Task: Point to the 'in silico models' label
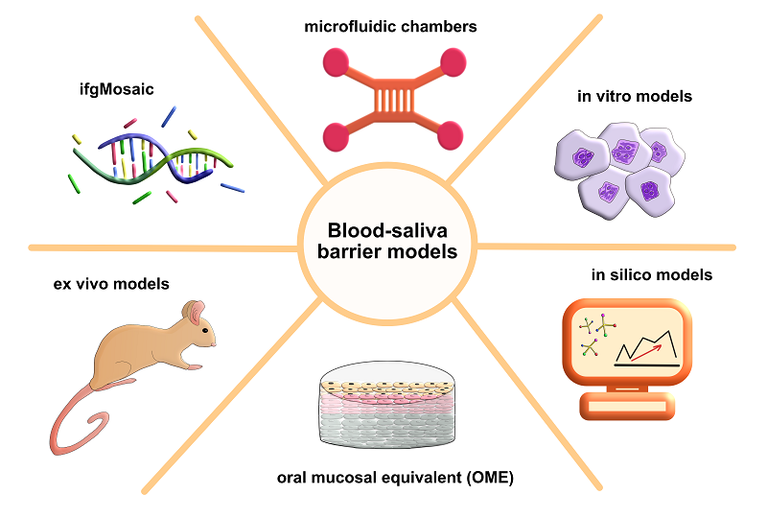(652, 275)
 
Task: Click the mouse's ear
(195, 313)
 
